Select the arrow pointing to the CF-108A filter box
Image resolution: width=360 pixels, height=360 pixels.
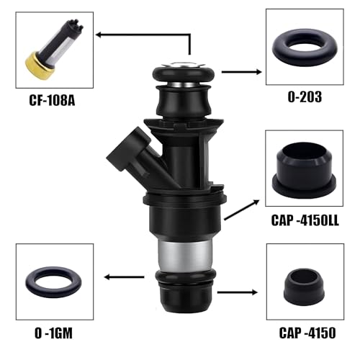point(144,33)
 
